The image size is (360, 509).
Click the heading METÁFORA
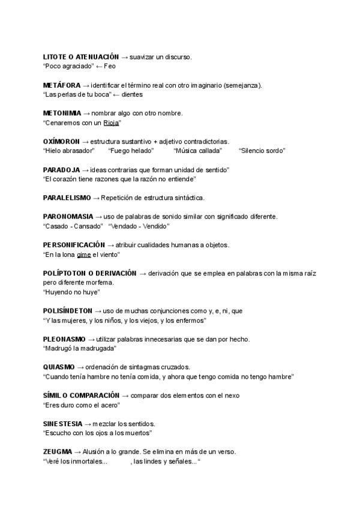(62, 85)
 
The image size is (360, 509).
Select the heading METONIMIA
(62, 113)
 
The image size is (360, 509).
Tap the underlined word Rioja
(111, 122)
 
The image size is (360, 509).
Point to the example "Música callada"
(197, 151)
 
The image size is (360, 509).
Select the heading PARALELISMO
(67, 197)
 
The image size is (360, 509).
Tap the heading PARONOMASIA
(68, 216)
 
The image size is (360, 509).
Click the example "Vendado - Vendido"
(139, 226)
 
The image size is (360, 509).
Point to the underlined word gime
(84, 254)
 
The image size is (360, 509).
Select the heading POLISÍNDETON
(68, 311)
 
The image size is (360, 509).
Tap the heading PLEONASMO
(64, 339)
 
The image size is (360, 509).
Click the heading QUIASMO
(59, 367)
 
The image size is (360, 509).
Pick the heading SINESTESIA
(62, 423)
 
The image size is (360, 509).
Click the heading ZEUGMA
(58, 451)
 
